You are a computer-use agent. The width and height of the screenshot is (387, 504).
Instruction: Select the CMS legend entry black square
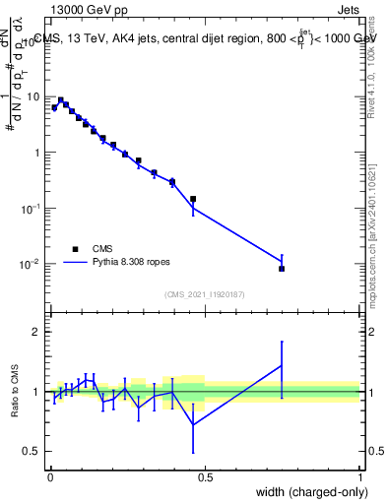tap(75, 250)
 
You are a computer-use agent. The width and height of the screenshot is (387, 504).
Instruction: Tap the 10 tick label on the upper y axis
tap(34, 97)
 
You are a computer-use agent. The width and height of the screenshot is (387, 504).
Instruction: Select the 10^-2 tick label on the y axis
tap(32, 264)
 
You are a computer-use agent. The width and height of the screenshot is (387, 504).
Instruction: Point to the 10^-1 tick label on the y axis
tap(32, 209)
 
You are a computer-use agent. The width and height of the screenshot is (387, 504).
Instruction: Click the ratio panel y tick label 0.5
tap(34, 451)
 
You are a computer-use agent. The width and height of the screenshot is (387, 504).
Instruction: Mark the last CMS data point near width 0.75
tap(282, 269)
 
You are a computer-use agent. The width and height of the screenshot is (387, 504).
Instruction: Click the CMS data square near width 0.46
tap(193, 199)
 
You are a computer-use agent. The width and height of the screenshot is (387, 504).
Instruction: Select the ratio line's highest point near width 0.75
tap(282, 365)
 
